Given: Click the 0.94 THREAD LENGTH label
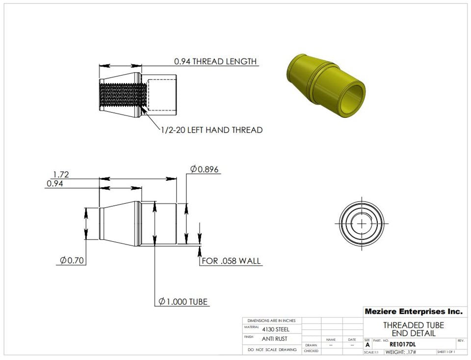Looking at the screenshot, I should coord(215,61).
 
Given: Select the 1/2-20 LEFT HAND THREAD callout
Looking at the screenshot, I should coord(211,130).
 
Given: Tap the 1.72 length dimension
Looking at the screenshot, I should coord(61,174).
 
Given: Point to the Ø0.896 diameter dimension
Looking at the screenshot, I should coord(205,169).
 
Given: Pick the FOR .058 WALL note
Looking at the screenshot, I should coord(232,261).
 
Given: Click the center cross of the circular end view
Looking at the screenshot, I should coord(362,223).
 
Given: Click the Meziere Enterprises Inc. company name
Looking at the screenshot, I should coord(413,311).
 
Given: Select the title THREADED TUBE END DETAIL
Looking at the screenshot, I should coord(413,329).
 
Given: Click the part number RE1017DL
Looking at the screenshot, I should coord(402,344).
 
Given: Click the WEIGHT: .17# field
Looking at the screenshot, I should coord(400,352).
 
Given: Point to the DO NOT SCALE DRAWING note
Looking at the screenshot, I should coord(272,350).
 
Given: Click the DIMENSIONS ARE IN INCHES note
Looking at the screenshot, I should coord(272,320).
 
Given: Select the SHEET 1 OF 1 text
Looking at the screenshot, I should coord(445,352).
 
